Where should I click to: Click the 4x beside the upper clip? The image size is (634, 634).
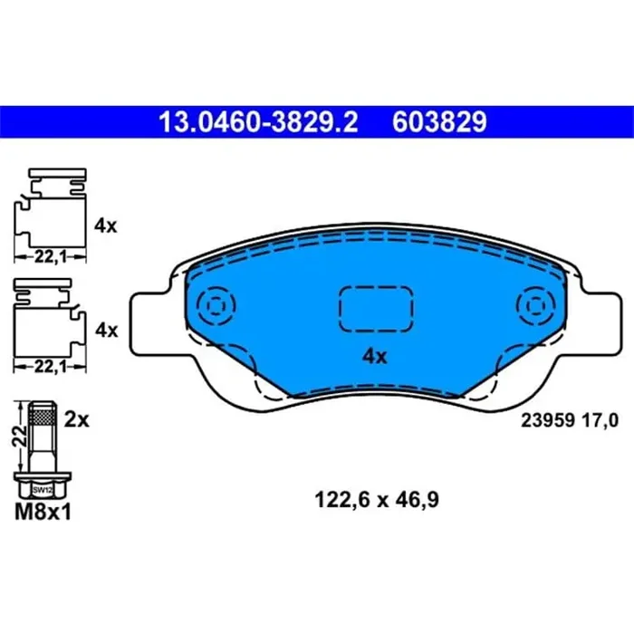pos(106,226)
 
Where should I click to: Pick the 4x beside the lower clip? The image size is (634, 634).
pos(106,331)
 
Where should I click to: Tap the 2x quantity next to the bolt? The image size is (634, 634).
pos(78,418)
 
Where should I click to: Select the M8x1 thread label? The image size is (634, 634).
pos(43,513)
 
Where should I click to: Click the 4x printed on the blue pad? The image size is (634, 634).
pos(374,357)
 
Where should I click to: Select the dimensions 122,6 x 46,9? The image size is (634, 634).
pos(375,497)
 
